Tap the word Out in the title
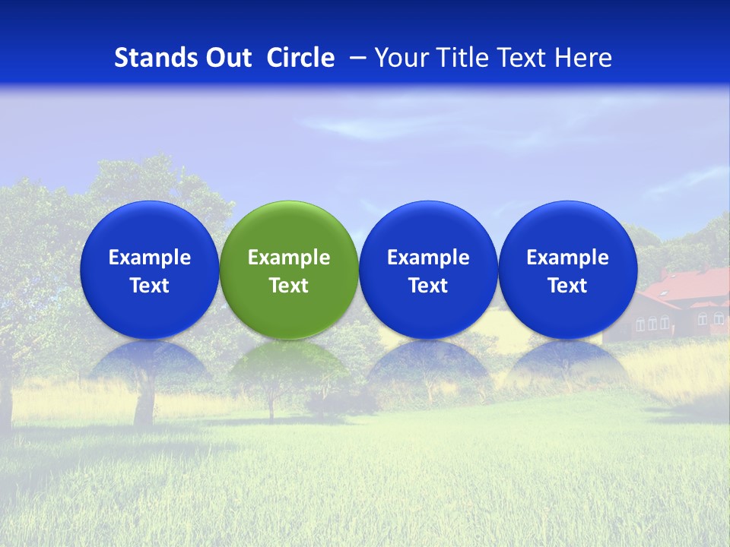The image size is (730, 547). tap(227, 58)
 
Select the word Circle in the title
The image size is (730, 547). tap(300, 58)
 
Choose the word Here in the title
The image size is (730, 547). tap(582, 58)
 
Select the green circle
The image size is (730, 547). tap(289, 270)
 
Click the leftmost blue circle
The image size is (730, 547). tap(150, 270)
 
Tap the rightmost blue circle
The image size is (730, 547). tap(568, 270)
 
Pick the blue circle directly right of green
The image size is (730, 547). tap(428, 270)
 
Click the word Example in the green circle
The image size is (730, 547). tap(289, 258)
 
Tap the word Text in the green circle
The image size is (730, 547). tap(289, 286)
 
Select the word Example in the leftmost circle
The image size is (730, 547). tap(150, 258)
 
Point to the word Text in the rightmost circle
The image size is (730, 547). tap(568, 286)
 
